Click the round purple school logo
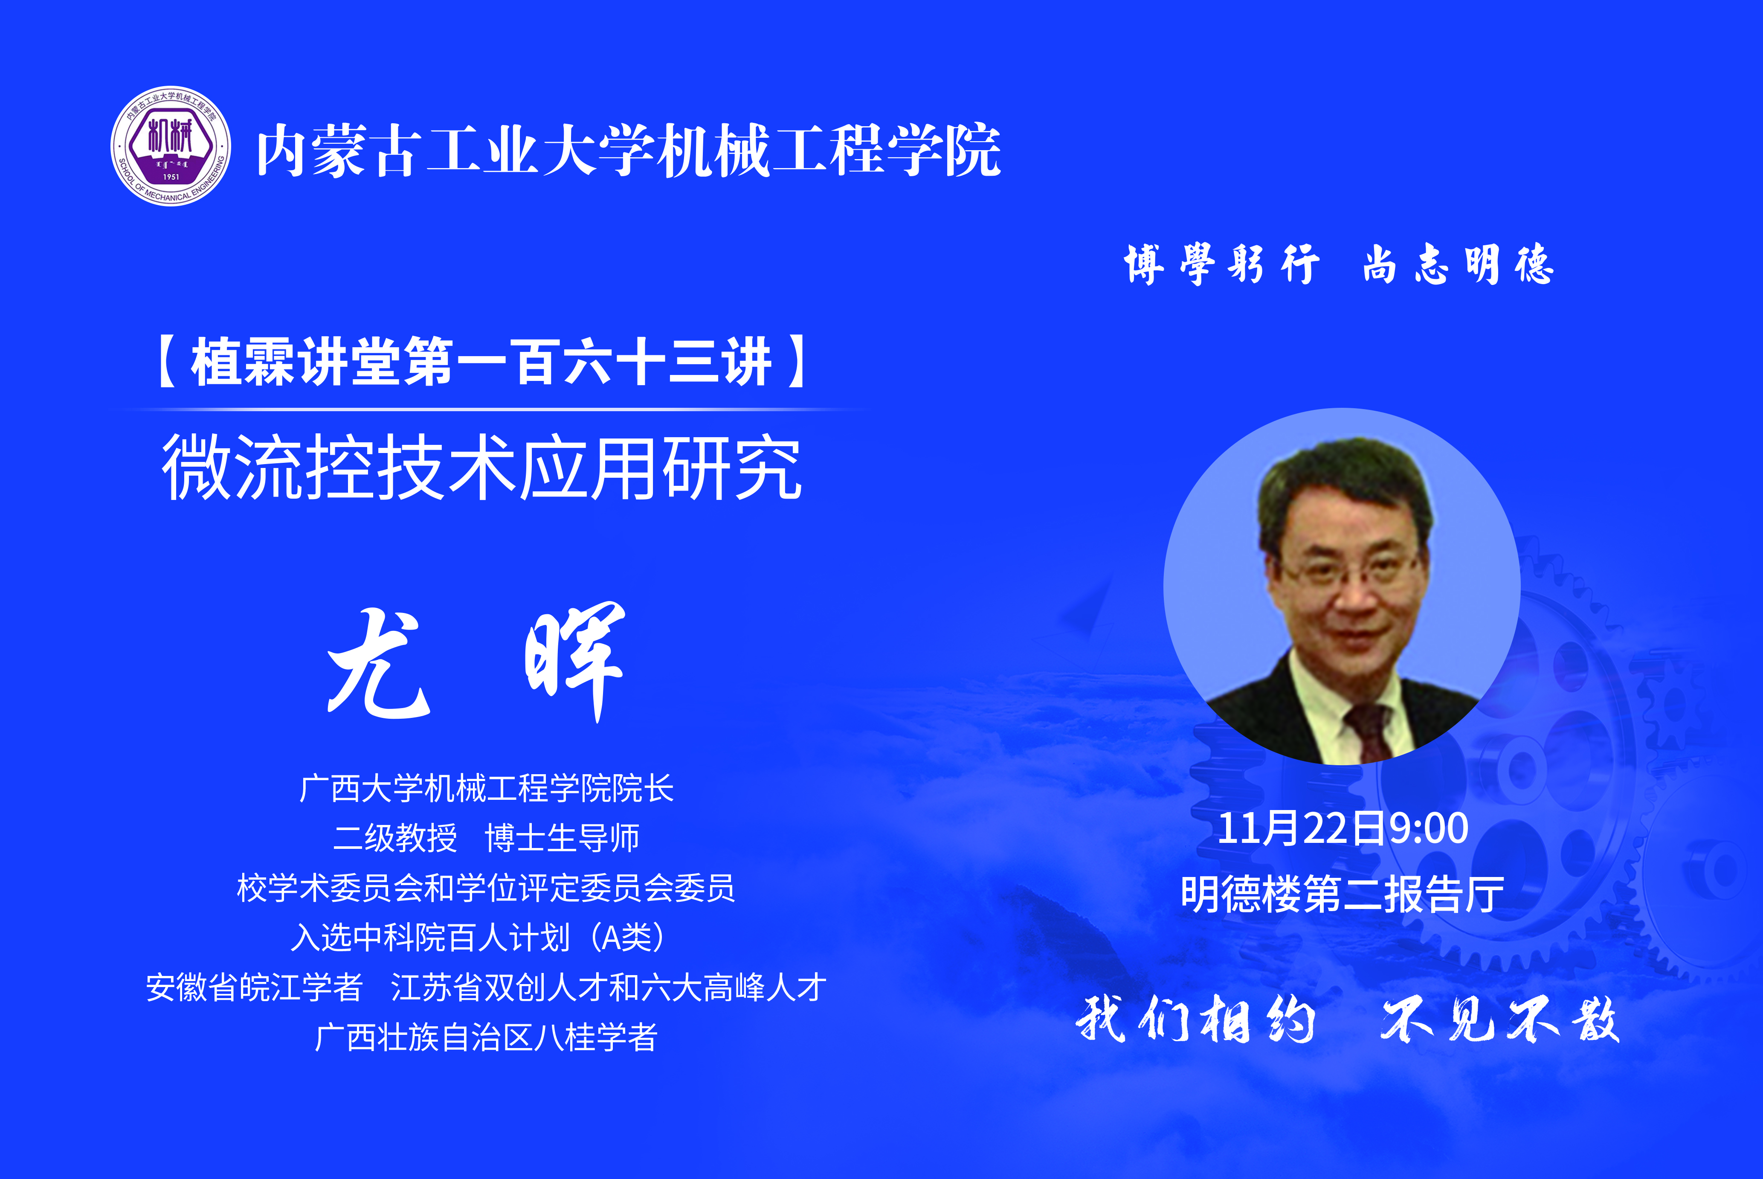[x=171, y=146]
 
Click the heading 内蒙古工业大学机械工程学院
[x=629, y=151]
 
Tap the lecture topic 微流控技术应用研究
[x=482, y=467]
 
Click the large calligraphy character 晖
[x=575, y=662]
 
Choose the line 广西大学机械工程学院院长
[x=487, y=788]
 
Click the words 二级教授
[x=395, y=838]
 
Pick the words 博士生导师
[x=563, y=838]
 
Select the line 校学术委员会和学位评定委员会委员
[x=486, y=888]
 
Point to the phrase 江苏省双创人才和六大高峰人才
[x=608, y=987]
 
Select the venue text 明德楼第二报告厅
[x=1342, y=894]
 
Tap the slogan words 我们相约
[x=1195, y=1019]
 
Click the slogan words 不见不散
[x=1500, y=1019]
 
